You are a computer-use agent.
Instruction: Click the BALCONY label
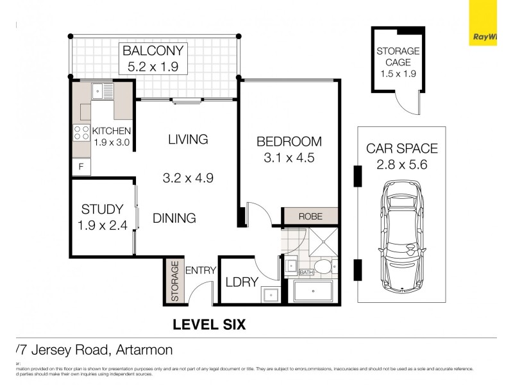[x=153, y=51]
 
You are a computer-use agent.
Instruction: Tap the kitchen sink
[x=102, y=91]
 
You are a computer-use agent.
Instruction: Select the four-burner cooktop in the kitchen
[x=81, y=133]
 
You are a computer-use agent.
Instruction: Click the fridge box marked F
[x=81, y=167]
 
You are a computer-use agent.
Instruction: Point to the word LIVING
[x=188, y=139]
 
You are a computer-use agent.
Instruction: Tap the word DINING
[x=174, y=218]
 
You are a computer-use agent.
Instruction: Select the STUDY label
[x=102, y=209]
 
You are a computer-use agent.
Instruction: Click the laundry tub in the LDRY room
[x=269, y=295]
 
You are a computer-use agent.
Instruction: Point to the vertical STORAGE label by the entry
[x=174, y=282]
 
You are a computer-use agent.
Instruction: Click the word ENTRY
[x=201, y=270]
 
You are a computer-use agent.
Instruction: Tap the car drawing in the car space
[x=402, y=234]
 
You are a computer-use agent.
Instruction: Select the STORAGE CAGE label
[x=398, y=56]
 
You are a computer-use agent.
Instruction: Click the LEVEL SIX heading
[x=210, y=325]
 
